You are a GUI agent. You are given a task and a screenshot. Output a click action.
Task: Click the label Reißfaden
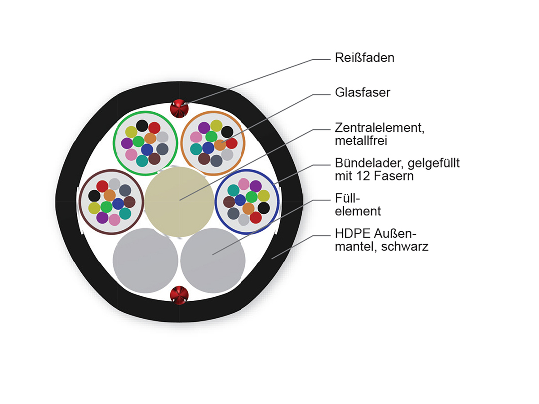click(364, 58)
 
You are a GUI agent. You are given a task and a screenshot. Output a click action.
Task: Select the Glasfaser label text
click(362, 93)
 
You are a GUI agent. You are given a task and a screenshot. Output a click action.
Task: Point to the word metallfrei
click(361, 141)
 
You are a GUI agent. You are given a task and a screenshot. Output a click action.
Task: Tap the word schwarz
click(405, 246)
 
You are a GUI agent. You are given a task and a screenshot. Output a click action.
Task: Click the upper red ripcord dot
click(179, 109)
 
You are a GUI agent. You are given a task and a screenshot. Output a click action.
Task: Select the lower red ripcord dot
click(179, 295)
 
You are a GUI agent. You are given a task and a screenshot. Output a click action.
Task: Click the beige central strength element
click(179, 202)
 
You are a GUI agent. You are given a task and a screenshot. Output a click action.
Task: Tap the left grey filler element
click(146, 260)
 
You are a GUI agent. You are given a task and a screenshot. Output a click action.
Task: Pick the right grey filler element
click(213, 260)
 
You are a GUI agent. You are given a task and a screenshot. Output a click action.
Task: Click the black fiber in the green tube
click(142, 126)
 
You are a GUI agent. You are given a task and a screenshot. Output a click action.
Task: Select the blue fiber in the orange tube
click(208, 148)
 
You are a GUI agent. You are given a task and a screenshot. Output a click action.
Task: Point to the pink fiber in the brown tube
click(115, 220)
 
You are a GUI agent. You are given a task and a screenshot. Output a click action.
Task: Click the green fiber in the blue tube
click(252, 197)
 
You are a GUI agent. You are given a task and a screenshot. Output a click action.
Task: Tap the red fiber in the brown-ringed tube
click(102, 186)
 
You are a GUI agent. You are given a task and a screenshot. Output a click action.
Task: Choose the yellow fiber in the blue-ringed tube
click(264, 196)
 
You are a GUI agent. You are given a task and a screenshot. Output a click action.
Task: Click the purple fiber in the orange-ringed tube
click(204, 128)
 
